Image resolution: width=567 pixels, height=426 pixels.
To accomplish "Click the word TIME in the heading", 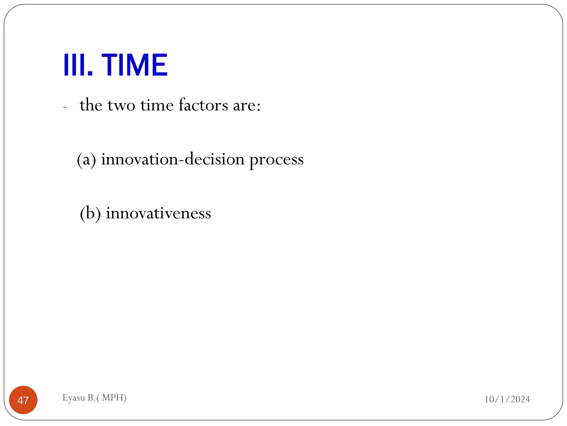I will (134, 65).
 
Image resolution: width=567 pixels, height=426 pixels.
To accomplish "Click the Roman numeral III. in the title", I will (78, 65).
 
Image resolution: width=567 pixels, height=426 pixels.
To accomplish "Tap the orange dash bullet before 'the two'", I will (65, 107).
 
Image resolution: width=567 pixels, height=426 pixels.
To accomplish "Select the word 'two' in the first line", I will (121, 106).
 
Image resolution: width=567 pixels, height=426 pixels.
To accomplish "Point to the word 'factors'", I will (203, 105).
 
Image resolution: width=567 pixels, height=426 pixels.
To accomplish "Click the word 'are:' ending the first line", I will (247, 106).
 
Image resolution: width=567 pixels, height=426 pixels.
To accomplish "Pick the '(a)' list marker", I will (86, 160).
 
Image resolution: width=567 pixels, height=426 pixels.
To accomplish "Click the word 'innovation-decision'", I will (173, 159).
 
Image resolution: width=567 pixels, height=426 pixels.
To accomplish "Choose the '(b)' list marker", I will (90, 213).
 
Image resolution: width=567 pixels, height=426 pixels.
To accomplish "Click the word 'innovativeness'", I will (158, 213).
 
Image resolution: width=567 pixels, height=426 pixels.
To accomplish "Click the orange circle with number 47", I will (23, 400).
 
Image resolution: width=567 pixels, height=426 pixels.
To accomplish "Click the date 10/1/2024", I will (507, 399).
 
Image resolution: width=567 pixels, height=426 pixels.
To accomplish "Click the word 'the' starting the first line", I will (91, 105).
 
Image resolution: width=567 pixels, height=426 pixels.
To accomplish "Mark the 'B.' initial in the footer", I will (91, 398).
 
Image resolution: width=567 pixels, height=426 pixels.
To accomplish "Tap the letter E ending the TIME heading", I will (160, 65).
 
